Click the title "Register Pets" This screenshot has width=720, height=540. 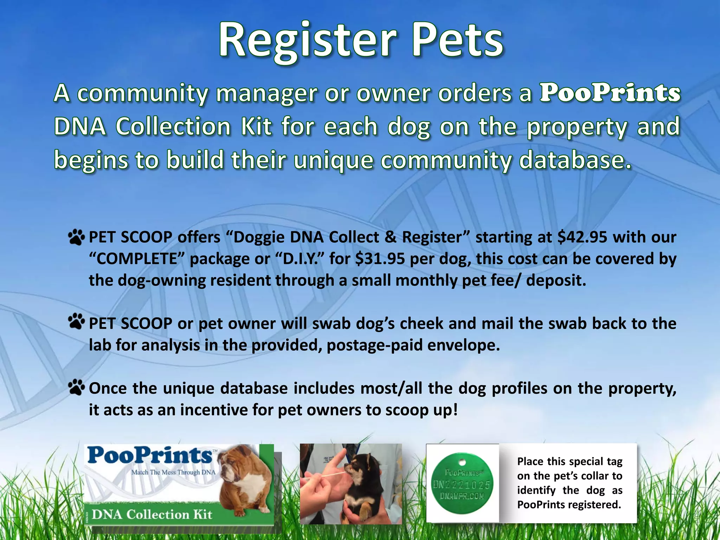pyautogui.click(x=361, y=39)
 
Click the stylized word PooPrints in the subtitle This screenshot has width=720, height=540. pyautogui.click(x=610, y=93)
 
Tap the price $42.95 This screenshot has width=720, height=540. pyautogui.click(x=582, y=237)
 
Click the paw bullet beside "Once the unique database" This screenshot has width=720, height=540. pyautogui.click(x=76, y=387)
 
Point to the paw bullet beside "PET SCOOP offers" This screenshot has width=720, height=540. pyautogui.click(x=76, y=237)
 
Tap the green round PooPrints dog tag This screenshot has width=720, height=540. pyautogui.click(x=462, y=484)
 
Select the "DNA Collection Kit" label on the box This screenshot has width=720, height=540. pyautogui.click(x=152, y=515)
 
